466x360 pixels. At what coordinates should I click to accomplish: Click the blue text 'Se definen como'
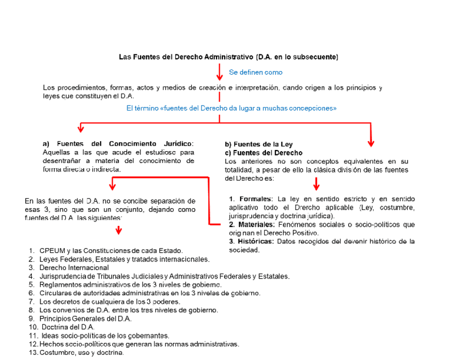[x=256, y=72]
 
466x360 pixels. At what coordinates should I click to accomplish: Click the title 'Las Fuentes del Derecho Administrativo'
[x=186, y=57]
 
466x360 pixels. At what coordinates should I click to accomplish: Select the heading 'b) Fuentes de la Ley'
[x=258, y=145]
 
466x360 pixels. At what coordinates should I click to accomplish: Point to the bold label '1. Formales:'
[x=251, y=198]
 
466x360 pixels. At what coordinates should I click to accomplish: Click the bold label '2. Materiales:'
[x=252, y=225]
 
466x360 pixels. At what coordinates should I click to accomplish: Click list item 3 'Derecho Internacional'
[x=74, y=267]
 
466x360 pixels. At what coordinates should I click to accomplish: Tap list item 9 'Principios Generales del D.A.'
[x=85, y=318]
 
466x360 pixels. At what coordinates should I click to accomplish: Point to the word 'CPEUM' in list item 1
[x=52, y=250]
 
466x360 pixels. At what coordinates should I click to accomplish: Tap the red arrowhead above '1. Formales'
[x=317, y=186]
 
